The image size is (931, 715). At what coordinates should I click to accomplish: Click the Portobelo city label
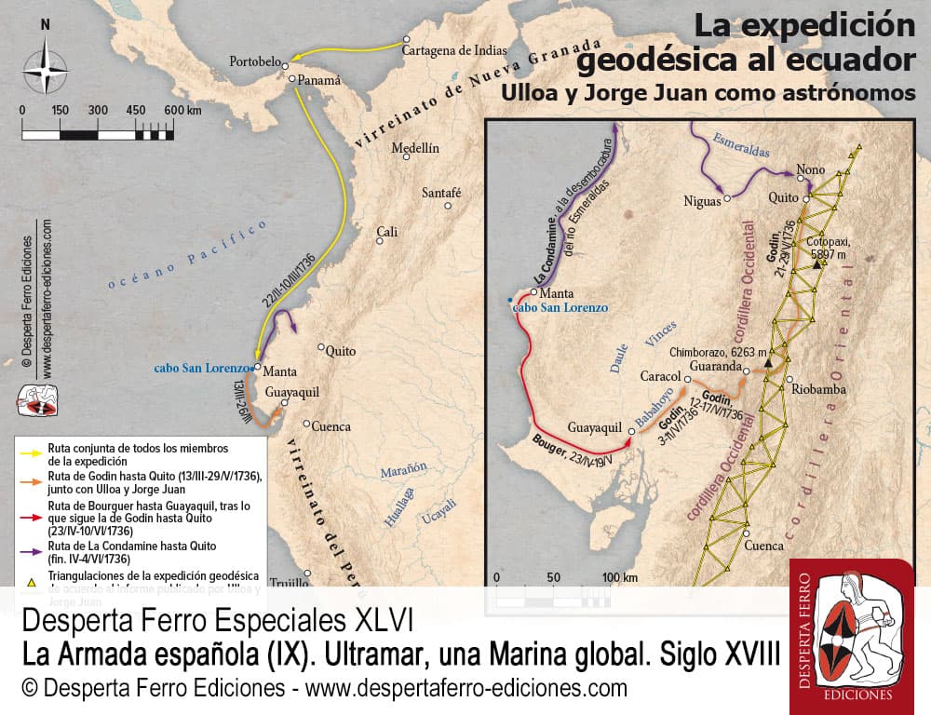[254, 62]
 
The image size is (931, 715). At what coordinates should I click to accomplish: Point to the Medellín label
[415, 148]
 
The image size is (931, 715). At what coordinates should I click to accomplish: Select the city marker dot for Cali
[380, 240]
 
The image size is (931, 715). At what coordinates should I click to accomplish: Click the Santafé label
[442, 194]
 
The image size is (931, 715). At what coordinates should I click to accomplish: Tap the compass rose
[45, 71]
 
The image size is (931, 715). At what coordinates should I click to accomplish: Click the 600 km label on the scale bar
[182, 110]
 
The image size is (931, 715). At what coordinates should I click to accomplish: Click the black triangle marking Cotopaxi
[817, 265]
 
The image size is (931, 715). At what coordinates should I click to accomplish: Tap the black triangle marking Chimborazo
[769, 362]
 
